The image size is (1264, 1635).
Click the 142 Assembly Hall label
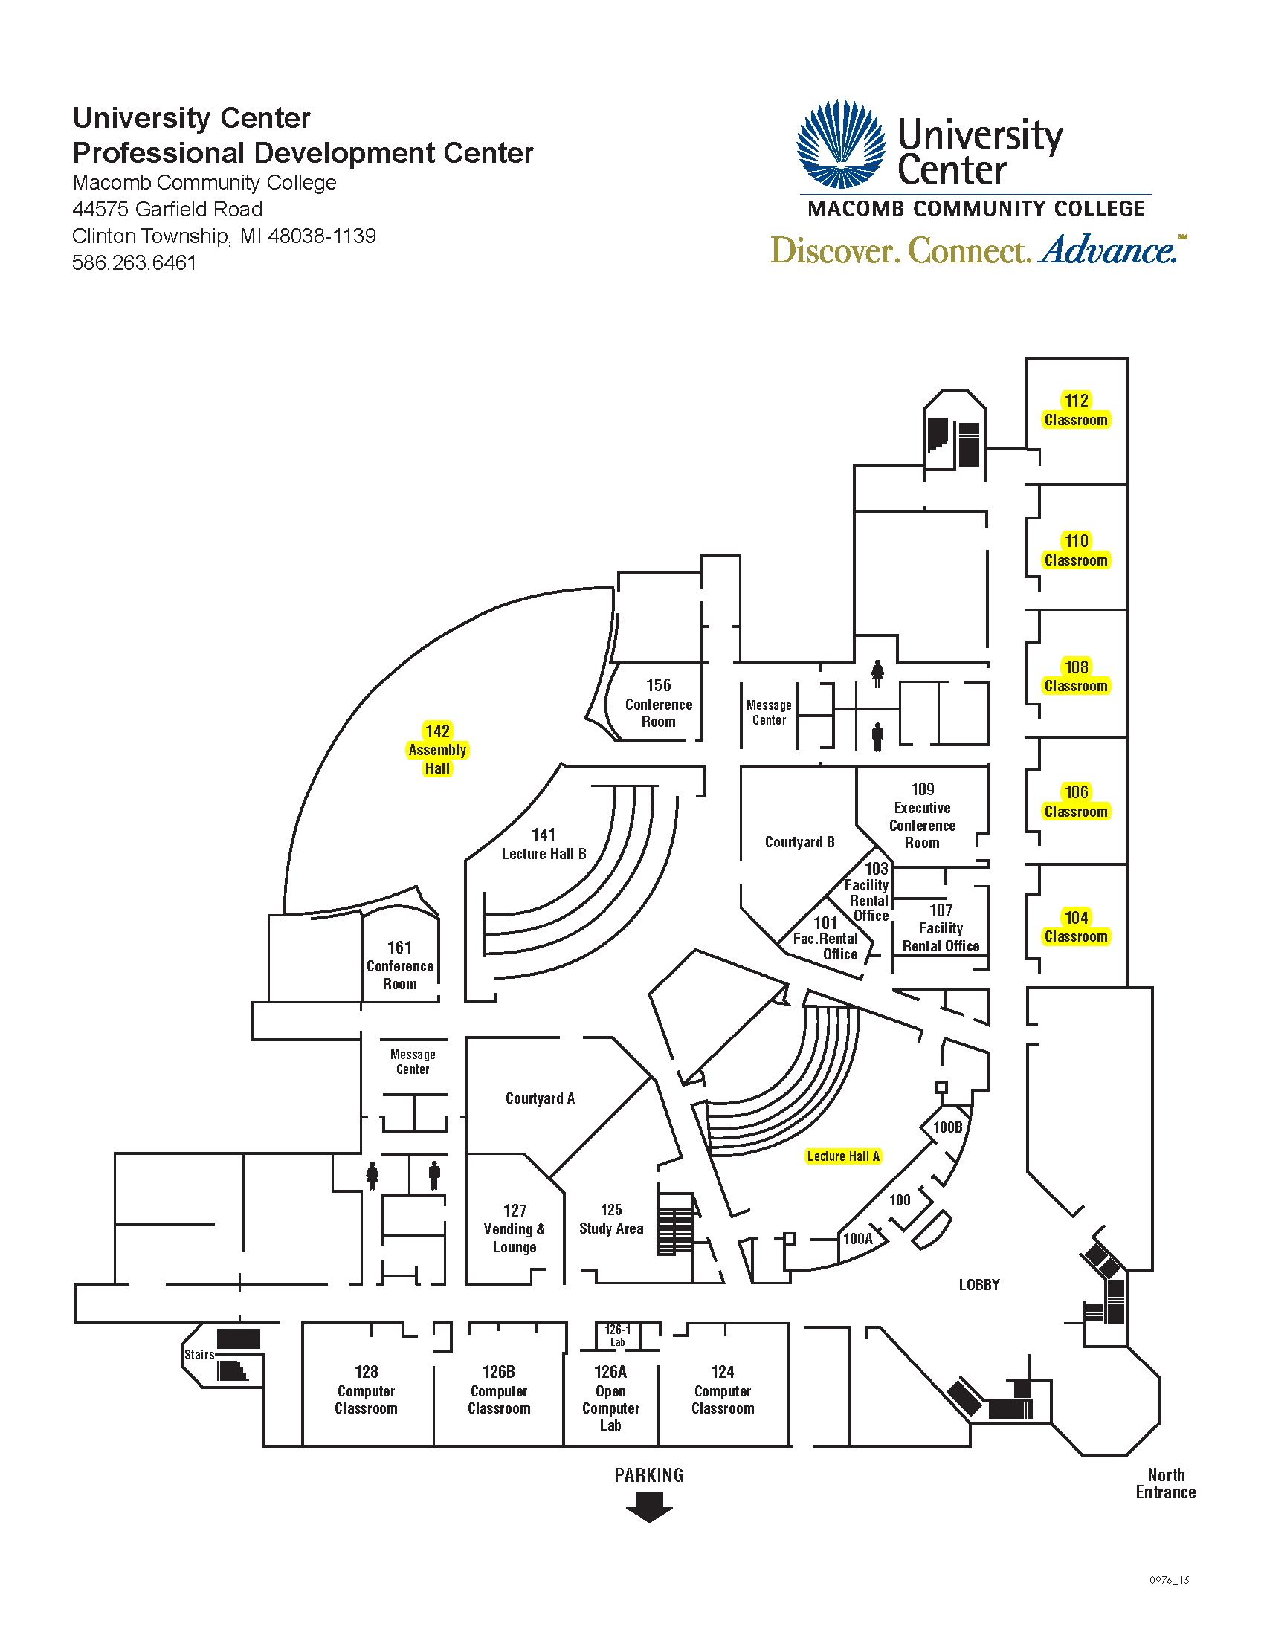coord(437,749)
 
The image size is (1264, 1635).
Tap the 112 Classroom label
coord(1076,410)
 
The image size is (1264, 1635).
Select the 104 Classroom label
coord(1076,927)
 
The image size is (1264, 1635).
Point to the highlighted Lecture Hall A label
coord(843,1156)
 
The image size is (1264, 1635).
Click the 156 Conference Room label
coord(658,703)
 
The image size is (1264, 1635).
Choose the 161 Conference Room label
coord(400,965)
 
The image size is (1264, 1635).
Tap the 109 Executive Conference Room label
coord(922,816)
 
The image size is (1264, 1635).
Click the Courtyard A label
coord(540,1098)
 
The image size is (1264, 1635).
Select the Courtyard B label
coord(799,842)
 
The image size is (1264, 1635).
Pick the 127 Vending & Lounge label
coord(515,1228)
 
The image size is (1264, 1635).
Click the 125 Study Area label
coord(611,1219)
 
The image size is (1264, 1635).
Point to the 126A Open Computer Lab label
coord(610,1398)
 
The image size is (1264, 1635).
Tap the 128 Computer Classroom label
coord(366,1390)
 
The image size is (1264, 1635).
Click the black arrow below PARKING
coord(649,1507)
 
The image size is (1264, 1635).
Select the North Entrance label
coord(1165,1483)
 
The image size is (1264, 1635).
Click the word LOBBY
coord(979,1285)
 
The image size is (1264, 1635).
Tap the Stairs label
coord(199,1354)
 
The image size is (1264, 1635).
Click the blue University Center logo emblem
coord(842,143)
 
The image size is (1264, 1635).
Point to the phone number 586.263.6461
coord(134,263)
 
